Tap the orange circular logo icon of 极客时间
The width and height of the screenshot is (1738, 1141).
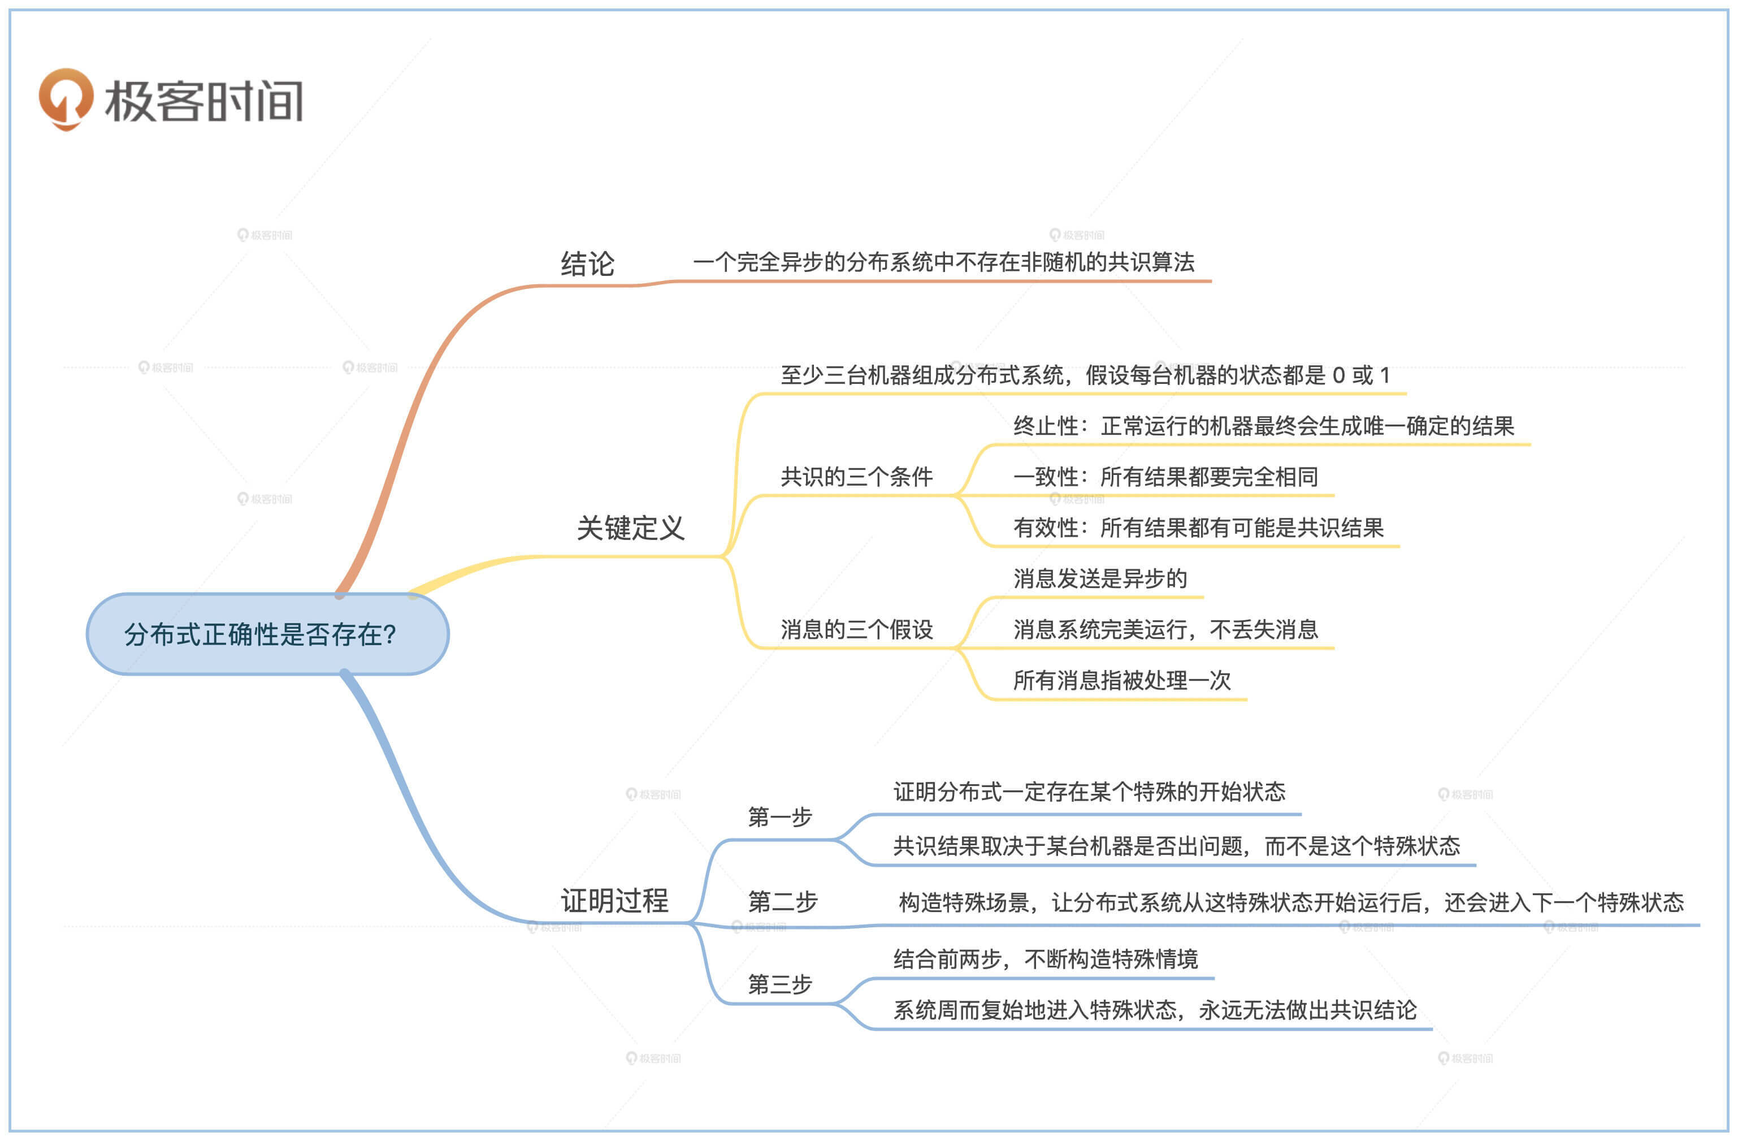tap(66, 98)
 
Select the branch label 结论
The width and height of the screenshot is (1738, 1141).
tap(587, 263)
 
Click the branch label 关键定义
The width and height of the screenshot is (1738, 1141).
tap(630, 528)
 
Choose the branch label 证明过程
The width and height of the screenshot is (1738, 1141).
tap(614, 900)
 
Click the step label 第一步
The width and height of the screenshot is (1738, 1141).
tap(779, 816)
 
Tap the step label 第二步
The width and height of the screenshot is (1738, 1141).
tap(782, 902)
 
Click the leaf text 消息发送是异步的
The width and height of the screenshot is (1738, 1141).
tap(1100, 578)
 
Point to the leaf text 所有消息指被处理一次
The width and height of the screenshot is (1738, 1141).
tap(1122, 680)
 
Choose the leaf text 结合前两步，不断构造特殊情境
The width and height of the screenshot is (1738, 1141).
tap(1045, 958)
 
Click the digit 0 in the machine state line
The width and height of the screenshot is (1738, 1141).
tap(1338, 375)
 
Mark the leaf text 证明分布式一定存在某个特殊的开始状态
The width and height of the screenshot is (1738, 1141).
tap(1089, 791)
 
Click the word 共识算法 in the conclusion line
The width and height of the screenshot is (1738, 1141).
tap(1151, 262)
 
